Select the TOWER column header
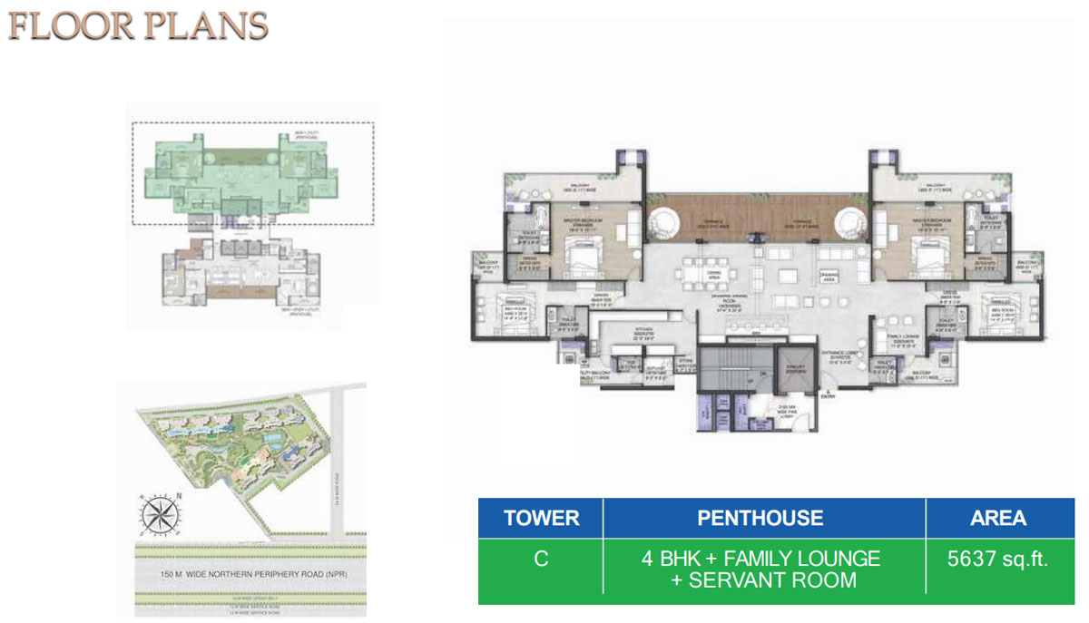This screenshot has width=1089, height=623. (x=541, y=518)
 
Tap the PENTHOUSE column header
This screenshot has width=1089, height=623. (x=760, y=518)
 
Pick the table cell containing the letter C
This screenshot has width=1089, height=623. (x=541, y=559)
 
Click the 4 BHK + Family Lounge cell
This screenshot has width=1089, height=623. (x=760, y=569)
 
